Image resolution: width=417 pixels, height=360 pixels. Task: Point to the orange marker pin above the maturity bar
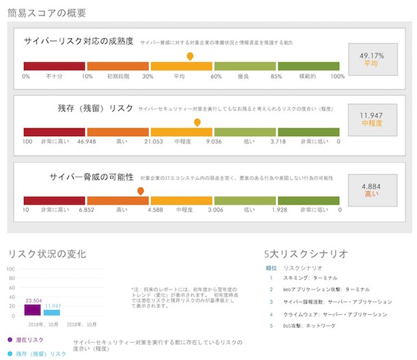(190, 56)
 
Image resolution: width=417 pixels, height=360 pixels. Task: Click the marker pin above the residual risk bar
(197, 123)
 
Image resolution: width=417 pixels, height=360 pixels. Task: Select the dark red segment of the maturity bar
(54, 66)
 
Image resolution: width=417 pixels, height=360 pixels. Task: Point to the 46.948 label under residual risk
(86, 142)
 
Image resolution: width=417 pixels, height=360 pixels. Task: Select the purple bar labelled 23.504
(32, 310)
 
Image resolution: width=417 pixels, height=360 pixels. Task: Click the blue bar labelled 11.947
(52, 312)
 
